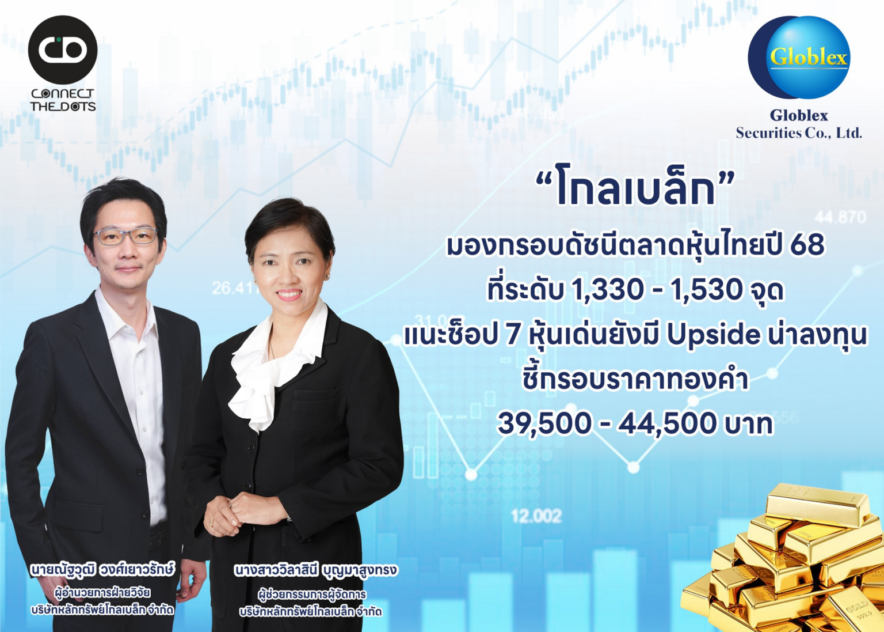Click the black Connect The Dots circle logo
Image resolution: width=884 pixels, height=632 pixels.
click(63, 50)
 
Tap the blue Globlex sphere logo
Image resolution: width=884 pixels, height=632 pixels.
click(799, 57)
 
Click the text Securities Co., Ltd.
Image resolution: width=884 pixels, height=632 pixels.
click(799, 133)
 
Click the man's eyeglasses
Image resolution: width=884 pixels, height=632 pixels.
click(125, 236)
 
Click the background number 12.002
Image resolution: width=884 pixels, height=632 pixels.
click(536, 516)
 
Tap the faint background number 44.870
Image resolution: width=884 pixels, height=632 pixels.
click(840, 218)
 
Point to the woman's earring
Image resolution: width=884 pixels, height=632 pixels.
click(326, 277)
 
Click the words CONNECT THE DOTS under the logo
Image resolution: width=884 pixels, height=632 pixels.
click(63, 100)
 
